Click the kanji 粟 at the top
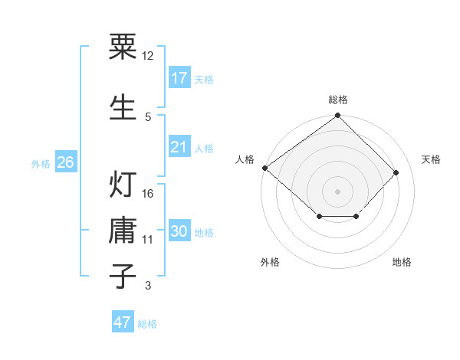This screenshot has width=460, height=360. click(x=123, y=47)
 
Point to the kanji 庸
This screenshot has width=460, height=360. click(x=123, y=230)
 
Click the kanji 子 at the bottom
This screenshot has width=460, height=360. click(x=123, y=275)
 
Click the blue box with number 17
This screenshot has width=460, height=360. click(x=179, y=78)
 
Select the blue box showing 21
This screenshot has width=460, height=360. click(x=179, y=147)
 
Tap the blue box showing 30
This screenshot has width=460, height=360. click(x=179, y=232)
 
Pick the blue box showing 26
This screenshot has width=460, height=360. click(x=65, y=162)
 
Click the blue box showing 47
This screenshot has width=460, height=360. click(x=123, y=322)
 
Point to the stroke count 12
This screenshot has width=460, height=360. click(x=148, y=56)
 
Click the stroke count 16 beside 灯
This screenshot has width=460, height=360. click(x=148, y=194)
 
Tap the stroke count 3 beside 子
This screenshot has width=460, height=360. click(x=147, y=286)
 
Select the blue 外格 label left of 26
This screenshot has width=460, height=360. click(x=41, y=163)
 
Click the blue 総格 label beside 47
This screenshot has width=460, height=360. click(x=147, y=324)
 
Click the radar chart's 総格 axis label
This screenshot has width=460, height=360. click(x=338, y=100)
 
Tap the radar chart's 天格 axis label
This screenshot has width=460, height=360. click(x=432, y=159)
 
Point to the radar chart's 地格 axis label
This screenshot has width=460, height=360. click(x=402, y=262)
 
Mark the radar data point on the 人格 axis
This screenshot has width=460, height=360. click(x=264, y=168)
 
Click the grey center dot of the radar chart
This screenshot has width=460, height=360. click(x=337, y=191)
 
